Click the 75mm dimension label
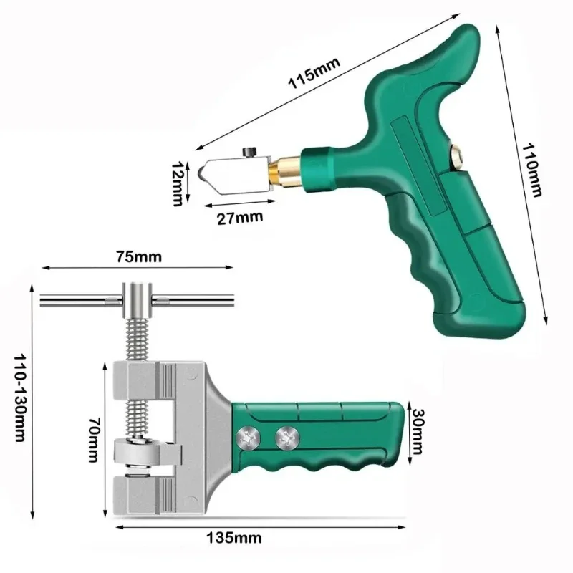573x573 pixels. point(138,255)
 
